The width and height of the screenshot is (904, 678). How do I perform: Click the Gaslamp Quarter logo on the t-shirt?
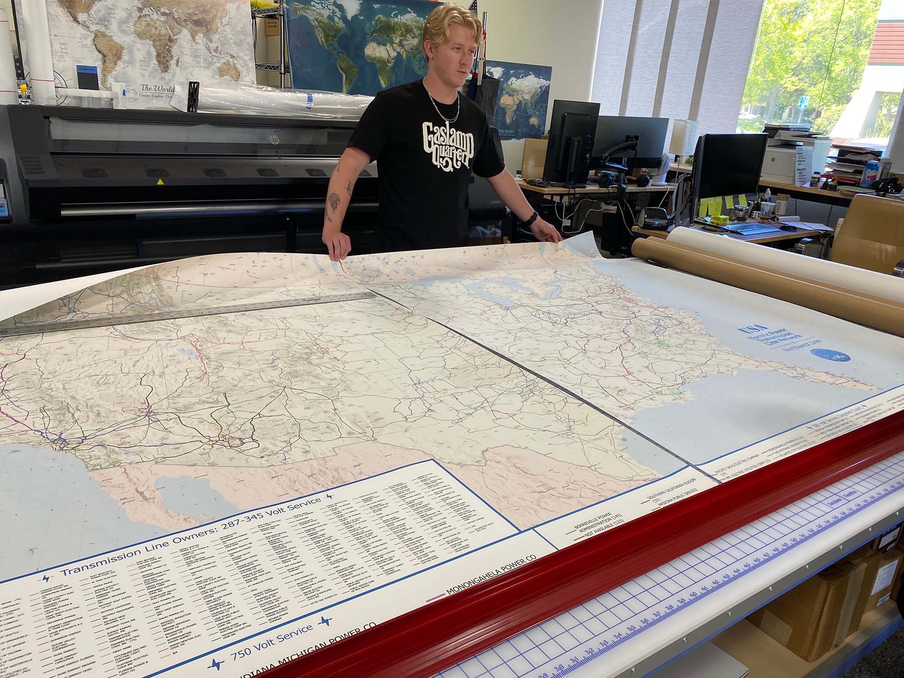(x=447, y=145)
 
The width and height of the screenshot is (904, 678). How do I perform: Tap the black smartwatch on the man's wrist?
(x=532, y=217)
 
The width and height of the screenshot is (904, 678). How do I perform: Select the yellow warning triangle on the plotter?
(x=159, y=182)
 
